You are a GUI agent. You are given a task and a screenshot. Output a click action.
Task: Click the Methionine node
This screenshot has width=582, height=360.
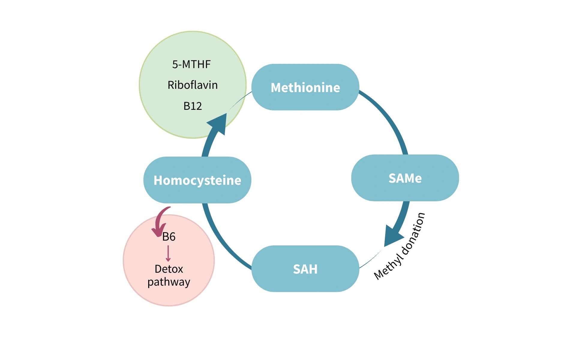305,87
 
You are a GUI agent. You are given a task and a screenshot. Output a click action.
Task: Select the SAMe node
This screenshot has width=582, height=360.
405,178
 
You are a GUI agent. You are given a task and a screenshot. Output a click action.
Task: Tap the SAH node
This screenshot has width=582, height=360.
305,269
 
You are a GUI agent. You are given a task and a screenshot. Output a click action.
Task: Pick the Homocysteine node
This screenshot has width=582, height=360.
197,180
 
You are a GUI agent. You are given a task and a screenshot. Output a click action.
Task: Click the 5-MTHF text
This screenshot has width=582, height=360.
191,64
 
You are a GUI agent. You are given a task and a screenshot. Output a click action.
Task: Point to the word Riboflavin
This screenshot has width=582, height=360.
193,85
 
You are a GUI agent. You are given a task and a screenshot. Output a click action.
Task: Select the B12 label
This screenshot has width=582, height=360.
193,106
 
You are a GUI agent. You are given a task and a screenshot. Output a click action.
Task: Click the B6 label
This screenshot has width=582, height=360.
169,237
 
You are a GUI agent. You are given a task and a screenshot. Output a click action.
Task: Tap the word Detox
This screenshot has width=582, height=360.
169,269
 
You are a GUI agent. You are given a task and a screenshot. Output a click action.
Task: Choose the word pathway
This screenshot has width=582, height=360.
169,282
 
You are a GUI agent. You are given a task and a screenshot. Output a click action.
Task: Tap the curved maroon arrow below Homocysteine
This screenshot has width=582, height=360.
159,222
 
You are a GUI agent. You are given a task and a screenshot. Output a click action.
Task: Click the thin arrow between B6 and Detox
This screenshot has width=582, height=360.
168,253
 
